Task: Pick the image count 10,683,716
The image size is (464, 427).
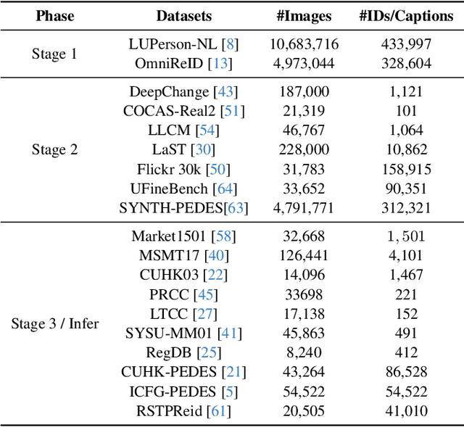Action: point(304,44)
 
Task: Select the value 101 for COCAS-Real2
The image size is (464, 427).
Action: point(407,111)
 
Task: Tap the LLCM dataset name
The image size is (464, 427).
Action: point(170,130)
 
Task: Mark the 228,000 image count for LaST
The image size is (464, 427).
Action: point(304,150)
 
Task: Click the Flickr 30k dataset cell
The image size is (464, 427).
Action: point(170,170)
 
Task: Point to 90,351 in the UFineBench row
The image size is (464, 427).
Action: point(407,189)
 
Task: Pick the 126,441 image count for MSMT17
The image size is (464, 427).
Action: point(304,255)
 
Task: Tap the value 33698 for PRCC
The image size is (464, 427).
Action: point(304,294)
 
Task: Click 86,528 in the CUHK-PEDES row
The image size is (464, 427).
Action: point(407,373)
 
